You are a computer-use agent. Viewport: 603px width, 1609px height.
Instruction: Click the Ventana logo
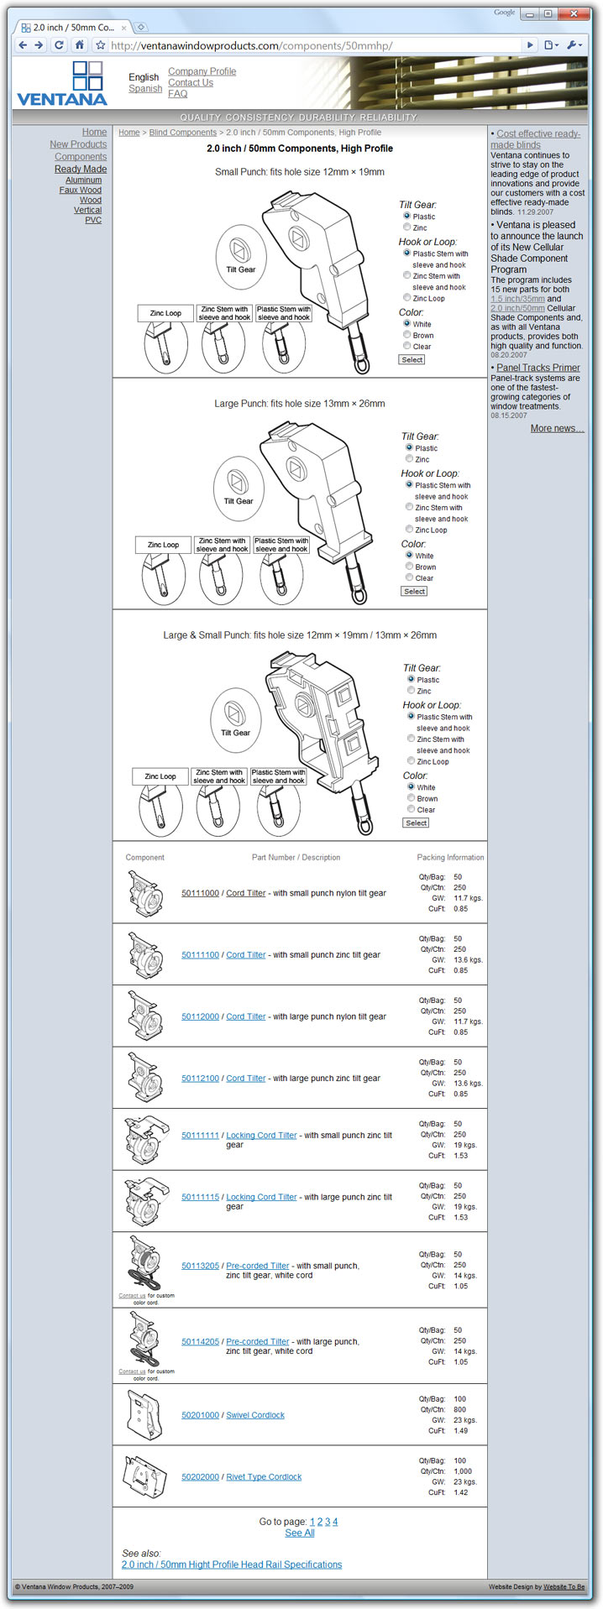coord(62,83)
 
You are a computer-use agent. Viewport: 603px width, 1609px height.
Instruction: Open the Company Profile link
coord(202,71)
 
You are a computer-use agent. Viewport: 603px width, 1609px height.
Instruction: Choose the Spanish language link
coord(145,89)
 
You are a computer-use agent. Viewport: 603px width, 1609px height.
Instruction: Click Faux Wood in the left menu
coord(81,191)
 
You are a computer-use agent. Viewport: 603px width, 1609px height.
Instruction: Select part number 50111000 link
coord(200,893)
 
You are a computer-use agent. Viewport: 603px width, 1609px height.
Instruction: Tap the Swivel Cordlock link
coord(255,1415)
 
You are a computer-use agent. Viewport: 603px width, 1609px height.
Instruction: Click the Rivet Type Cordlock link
coord(264,1476)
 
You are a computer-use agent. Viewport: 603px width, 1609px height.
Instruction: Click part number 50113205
coord(200,1266)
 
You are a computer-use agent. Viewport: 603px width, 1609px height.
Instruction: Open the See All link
coord(300,1533)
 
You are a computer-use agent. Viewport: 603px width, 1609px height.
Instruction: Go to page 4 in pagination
coord(335,1522)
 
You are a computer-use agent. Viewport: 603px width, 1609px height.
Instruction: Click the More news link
coord(557,428)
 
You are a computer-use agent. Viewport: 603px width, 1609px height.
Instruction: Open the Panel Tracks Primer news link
coord(538,368)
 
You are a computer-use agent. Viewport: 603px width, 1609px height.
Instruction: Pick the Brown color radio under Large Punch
coord(409,567)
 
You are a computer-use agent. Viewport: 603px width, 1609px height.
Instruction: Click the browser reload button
coord(59,45)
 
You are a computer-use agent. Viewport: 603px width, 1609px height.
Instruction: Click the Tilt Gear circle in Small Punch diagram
coord(241,255)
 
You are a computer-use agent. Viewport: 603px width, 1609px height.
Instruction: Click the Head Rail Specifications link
coord(232,1565)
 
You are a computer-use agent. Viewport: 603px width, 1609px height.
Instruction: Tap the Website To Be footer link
coord(564,1586)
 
